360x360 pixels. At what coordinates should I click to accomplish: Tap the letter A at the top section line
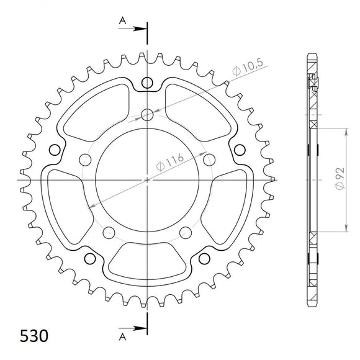(x=124, y=20)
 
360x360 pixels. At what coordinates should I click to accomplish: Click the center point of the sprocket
(x=147, y=181)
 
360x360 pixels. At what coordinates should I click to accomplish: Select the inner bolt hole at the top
(x=147, y=114)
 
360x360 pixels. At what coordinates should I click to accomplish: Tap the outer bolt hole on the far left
(x=53, y=150)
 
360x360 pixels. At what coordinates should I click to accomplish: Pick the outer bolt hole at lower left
(x=89, y=259)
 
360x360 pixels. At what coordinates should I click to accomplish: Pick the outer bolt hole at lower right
(x=205, y=259)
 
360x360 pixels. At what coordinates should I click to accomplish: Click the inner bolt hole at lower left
(x=109, y=233)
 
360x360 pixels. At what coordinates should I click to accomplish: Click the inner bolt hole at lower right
(x=186, y=233)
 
